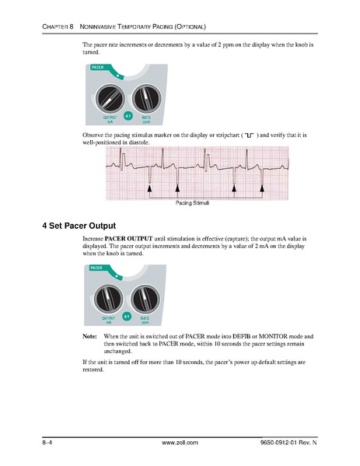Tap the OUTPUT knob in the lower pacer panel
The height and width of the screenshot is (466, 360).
109,299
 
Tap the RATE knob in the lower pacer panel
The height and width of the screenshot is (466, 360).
145,299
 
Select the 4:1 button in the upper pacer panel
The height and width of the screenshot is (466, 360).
128,117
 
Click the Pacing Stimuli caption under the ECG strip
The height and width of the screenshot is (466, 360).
193,204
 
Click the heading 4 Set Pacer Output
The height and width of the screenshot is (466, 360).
79,226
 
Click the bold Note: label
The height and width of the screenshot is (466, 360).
89,335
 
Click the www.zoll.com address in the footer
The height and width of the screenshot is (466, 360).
180,442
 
